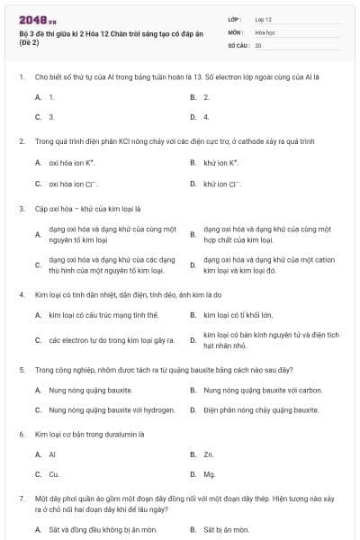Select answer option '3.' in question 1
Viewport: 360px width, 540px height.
click(x=51, y=117)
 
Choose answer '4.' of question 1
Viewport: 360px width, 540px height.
click(x=206, y=117)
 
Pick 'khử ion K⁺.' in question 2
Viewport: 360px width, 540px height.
click(x=220, y=163)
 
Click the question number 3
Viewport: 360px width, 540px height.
click(x=22, y=209)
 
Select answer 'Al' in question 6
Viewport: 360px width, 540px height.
click(x=52, y=454)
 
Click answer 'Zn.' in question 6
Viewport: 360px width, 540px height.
click(x=208, y=454)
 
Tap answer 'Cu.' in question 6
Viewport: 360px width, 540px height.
click(x=53, y=474)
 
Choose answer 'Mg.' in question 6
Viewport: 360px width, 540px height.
click(x=209, y=474)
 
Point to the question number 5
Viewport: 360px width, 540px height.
click(x=22, y=369)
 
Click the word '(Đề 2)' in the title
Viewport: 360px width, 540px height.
click(x=30, y=42)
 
